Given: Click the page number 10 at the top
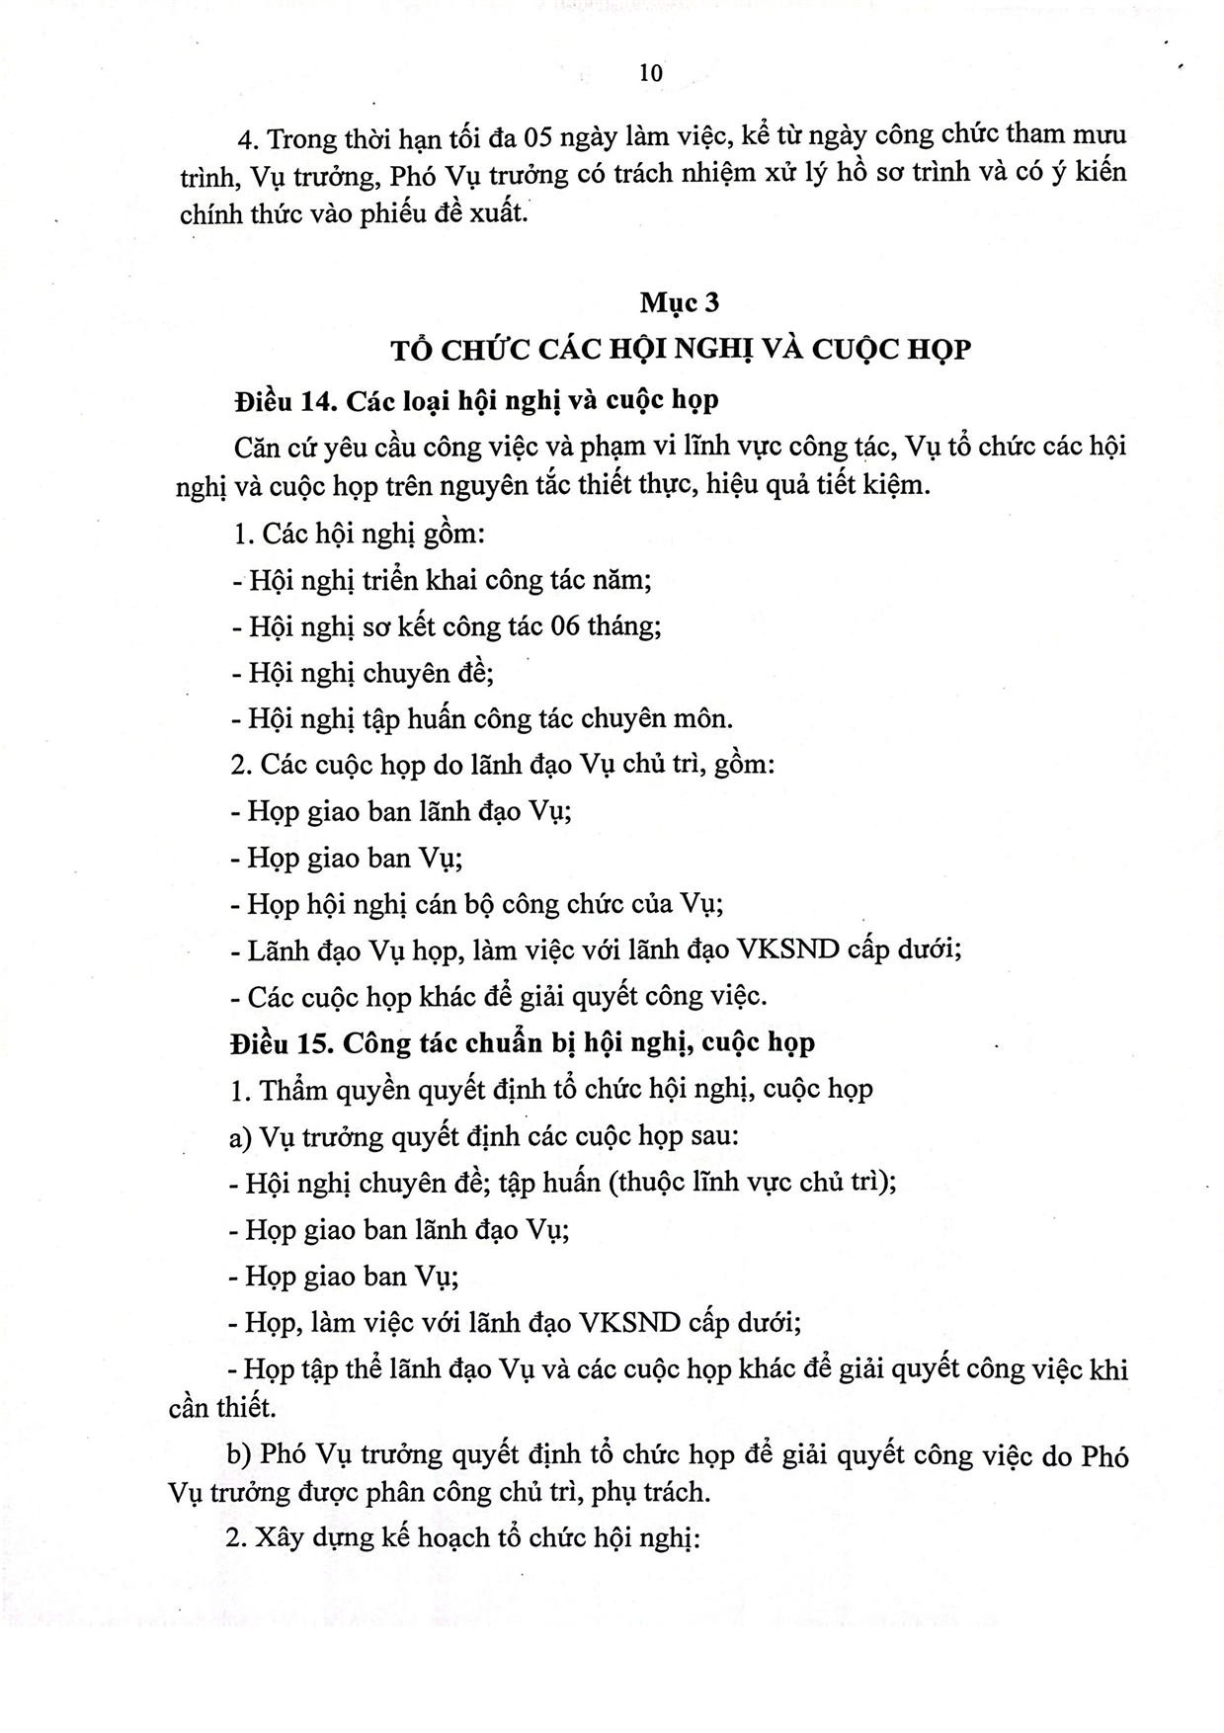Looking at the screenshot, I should (651, 73).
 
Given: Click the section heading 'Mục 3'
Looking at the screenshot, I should (679, 302).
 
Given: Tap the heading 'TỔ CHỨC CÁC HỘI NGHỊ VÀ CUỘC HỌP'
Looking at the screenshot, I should (681, 349).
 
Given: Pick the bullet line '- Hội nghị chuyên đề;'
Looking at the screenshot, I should (363, 673).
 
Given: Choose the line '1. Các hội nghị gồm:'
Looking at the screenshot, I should (358, 535).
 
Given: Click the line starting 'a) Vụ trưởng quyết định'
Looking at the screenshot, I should (484, 1136).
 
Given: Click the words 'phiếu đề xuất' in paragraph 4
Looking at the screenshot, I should (444, 212).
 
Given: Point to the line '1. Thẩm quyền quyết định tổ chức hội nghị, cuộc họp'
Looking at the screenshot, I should (551, 1090).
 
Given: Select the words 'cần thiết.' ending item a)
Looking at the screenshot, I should (222, 1407).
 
